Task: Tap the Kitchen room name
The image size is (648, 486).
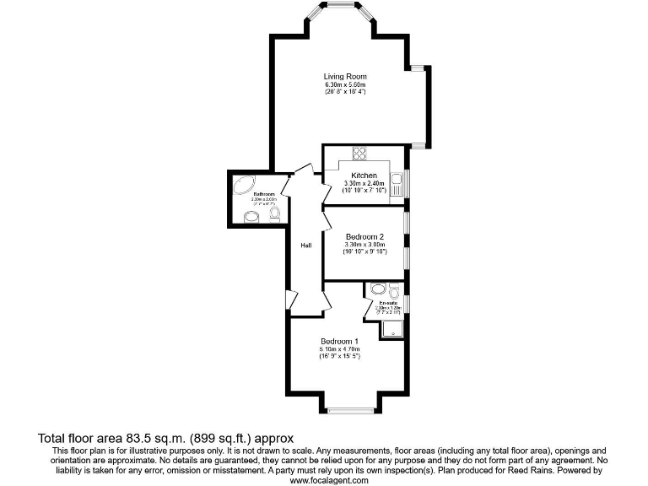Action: tap(364, 175)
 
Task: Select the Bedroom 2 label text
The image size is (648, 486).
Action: tap(364, 236)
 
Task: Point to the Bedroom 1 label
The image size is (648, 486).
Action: tap(339, 341)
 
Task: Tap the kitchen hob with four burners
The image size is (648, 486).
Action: tap(359, 153)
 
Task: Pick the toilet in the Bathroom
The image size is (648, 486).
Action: tap(274, 214)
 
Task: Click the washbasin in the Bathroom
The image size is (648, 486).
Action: tap(251, 218)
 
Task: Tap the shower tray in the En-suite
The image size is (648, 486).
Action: tap(392, 328)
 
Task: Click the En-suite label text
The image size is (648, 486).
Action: tap(388, 302)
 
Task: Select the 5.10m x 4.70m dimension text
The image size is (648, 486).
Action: tap(339, 348)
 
